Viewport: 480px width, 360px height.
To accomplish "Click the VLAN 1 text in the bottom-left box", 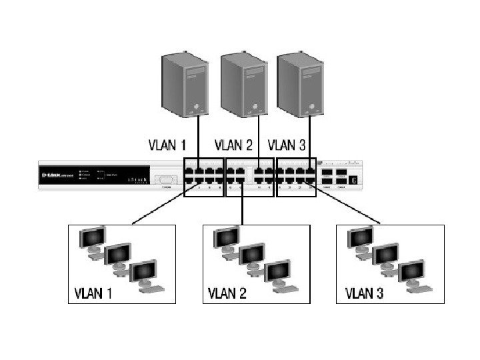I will (93, 293).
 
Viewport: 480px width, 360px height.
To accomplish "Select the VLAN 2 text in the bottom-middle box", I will (228, 293).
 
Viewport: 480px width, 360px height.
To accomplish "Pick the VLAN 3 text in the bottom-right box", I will (363, 293).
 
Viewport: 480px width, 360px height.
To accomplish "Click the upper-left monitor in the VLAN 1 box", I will (92, 237).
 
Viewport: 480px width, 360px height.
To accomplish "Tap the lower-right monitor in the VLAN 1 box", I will (145, 273).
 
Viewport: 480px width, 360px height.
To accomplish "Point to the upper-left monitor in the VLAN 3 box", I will (360, 237).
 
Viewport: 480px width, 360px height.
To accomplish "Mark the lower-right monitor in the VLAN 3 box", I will (412, 273).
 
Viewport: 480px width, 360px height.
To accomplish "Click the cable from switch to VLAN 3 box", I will (347, 207).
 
